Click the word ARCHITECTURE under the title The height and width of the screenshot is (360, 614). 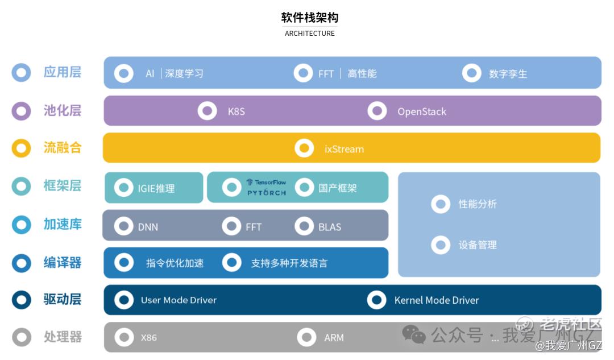pos(309,34)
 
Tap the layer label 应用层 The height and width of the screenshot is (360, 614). pos(63,72)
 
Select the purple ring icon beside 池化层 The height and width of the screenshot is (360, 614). pos(21,111)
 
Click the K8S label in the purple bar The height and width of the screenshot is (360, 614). pos(237,111)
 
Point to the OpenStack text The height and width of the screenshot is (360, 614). pos(422,111)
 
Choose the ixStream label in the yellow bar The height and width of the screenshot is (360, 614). pos(344,149)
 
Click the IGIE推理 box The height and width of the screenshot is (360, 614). pos(154,188)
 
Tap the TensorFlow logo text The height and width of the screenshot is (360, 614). pos(267,182)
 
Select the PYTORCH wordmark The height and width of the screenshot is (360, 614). pos(267,193)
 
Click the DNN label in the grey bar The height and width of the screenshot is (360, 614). pos(148,227)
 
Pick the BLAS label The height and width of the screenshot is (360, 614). pos(330,227)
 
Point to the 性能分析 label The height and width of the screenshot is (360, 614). pos(478,204)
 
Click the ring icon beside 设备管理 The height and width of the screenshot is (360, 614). pos(441,245)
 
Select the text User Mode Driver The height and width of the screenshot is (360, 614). pos(179,300)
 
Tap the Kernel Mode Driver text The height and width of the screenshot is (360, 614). pos(437,300)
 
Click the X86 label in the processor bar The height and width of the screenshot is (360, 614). pos(149,338)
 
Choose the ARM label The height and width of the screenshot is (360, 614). pos(334,338)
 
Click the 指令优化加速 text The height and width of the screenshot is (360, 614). pos(175,263)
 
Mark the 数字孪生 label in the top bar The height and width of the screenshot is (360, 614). pos(508,73)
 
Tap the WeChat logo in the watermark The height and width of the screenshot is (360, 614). pos(413,335)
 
